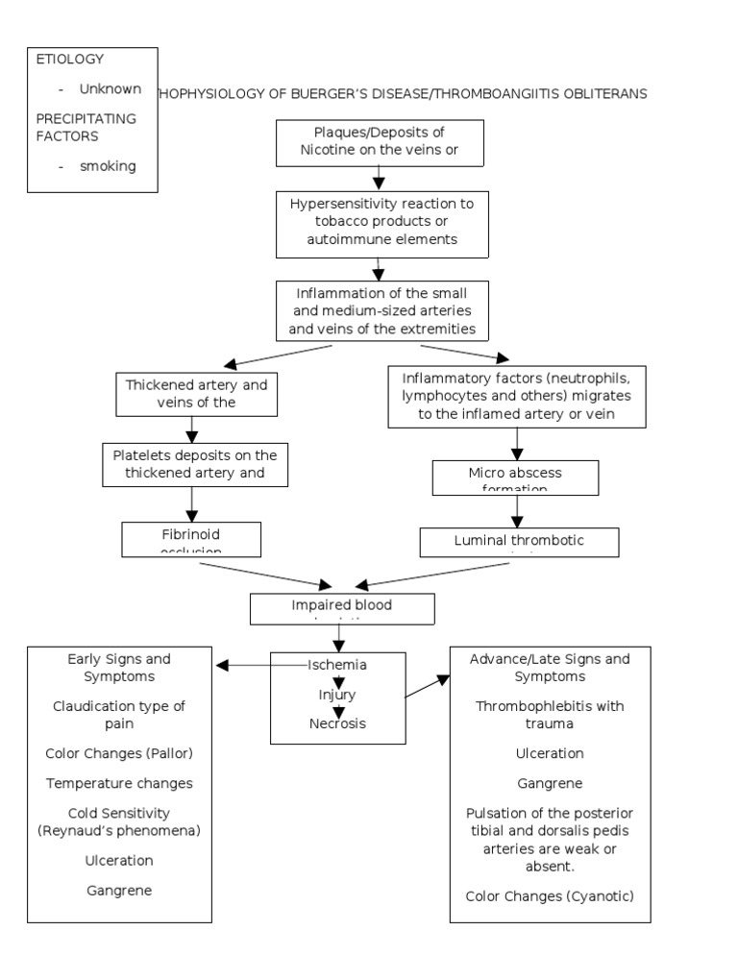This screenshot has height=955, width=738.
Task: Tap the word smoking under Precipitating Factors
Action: pyautogui.click(x=108, y=166)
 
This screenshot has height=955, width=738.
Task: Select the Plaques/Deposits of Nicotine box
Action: pyautogui.click(x=379, y=141)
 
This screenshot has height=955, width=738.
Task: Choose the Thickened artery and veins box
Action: pyautogui.click(x=196, y=393)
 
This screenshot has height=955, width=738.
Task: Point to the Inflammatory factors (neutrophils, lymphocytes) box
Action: pyautogui.click(x=516, y=396)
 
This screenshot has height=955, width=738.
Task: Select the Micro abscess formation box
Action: pyautogui.click(x=515, y=477)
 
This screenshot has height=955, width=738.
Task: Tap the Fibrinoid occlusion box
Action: pyautogui.click(x=191, y=538)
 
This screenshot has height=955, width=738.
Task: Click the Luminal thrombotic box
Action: pyautogui.click(x=519, y=542)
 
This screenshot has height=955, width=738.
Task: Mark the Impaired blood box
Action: pyautogui.click(x=342, y=608)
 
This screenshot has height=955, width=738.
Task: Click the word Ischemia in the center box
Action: pyautogui.click(x=337, y=665)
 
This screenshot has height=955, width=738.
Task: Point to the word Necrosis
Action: pyautogui.click(x=337, y=723)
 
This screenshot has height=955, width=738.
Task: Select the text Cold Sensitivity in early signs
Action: pyautogui.click(x=119, y=812)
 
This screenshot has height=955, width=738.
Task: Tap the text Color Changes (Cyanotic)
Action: pyautogui.click(x=550, y=896)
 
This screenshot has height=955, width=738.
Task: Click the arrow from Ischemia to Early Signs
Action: pyautogui.click(x=245, y=665)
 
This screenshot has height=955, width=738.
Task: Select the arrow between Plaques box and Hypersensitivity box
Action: pyautogui.click(x=379, y=177)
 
